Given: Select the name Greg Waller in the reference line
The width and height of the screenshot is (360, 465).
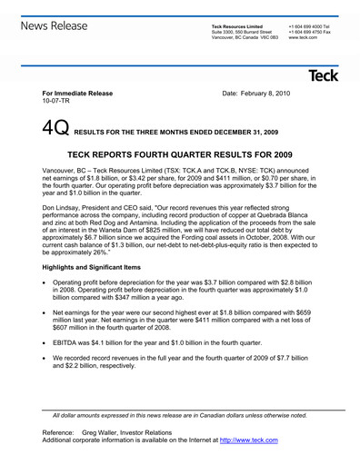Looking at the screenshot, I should pos(103,432).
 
